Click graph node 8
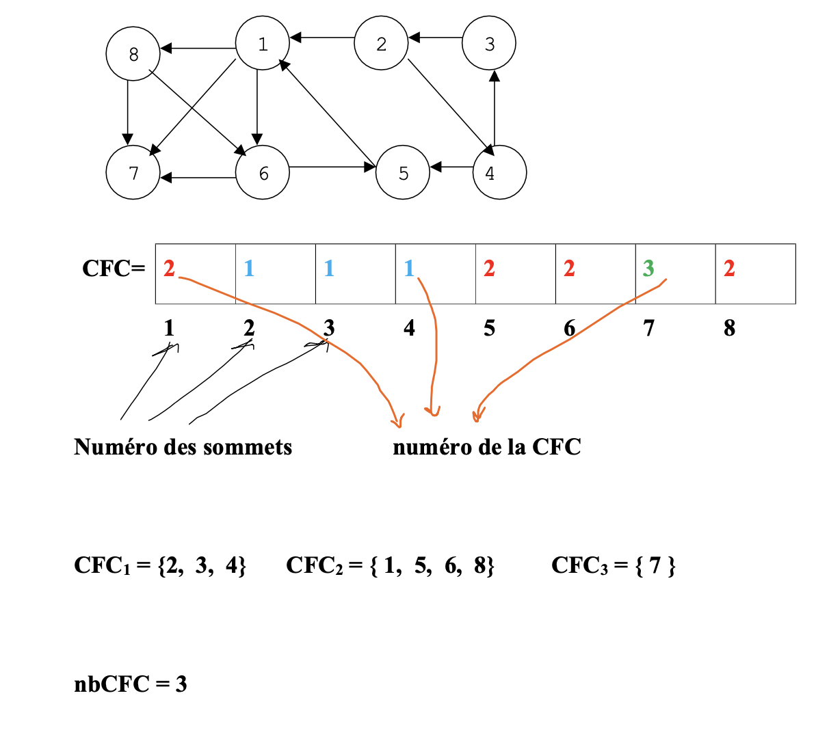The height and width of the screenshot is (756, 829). (133, 53)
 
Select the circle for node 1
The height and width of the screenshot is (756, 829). (262, 43)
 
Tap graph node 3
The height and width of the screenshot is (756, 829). (488, 43)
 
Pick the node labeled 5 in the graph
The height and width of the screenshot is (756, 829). (403, 172)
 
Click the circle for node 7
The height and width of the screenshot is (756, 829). (133, 172)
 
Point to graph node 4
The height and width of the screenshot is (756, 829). (499, 172)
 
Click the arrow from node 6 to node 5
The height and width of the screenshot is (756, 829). (332, 166)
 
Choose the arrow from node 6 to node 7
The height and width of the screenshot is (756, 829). (198, 178)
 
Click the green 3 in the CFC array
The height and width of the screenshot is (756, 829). (648, 269)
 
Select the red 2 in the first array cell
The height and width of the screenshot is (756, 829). (169, 269)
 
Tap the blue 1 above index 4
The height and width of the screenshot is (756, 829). (409, 269)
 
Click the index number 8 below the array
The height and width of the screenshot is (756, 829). (729, 329)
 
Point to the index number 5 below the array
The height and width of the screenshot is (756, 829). (489, 329)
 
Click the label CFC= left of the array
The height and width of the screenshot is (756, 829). (114, 269)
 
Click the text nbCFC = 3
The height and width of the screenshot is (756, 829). (130, 684)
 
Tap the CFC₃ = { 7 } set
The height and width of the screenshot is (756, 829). (613, 565)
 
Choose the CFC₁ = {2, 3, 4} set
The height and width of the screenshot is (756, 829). (160, 565)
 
